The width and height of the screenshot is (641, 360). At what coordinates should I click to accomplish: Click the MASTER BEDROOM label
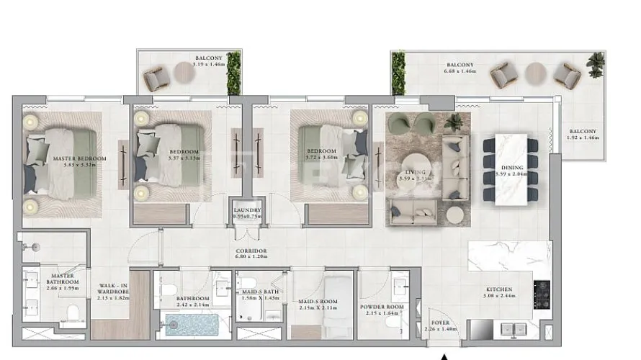point(79,158)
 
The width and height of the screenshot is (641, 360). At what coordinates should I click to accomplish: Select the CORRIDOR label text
point(251,252)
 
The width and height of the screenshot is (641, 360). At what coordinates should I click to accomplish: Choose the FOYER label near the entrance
point(441,323)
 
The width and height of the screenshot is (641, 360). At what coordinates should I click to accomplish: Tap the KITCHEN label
point(498,289)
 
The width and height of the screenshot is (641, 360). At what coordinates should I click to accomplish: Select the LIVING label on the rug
point(416,173)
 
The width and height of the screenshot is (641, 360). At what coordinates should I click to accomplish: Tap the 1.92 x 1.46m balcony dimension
point(584,137)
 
